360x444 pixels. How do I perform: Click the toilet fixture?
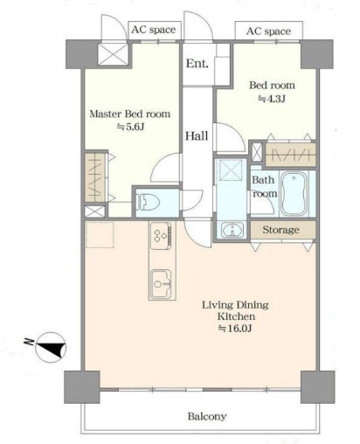point(149,202)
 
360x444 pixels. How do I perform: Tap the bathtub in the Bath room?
point(294,193)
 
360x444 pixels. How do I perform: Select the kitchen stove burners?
point(161,235)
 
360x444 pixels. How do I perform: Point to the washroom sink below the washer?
point(232,230)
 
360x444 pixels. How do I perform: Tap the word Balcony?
point(207,416)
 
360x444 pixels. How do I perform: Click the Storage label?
point(280,230)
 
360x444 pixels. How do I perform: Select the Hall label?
point(197,135)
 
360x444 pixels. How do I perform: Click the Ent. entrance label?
point(197,63)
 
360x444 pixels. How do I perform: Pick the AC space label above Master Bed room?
point(154,30)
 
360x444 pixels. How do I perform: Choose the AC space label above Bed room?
point(268,31)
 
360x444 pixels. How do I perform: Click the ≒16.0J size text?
point(235,329)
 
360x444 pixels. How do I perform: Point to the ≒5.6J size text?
point(131,127)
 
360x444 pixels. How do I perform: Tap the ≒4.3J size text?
point(272,99)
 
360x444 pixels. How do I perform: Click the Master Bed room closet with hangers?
point(95,177)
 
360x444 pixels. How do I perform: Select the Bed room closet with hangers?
point(291,155)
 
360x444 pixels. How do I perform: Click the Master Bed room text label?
point(130,114)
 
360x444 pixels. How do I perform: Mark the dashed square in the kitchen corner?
point(100,235)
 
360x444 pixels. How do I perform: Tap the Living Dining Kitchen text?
point(236,310)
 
